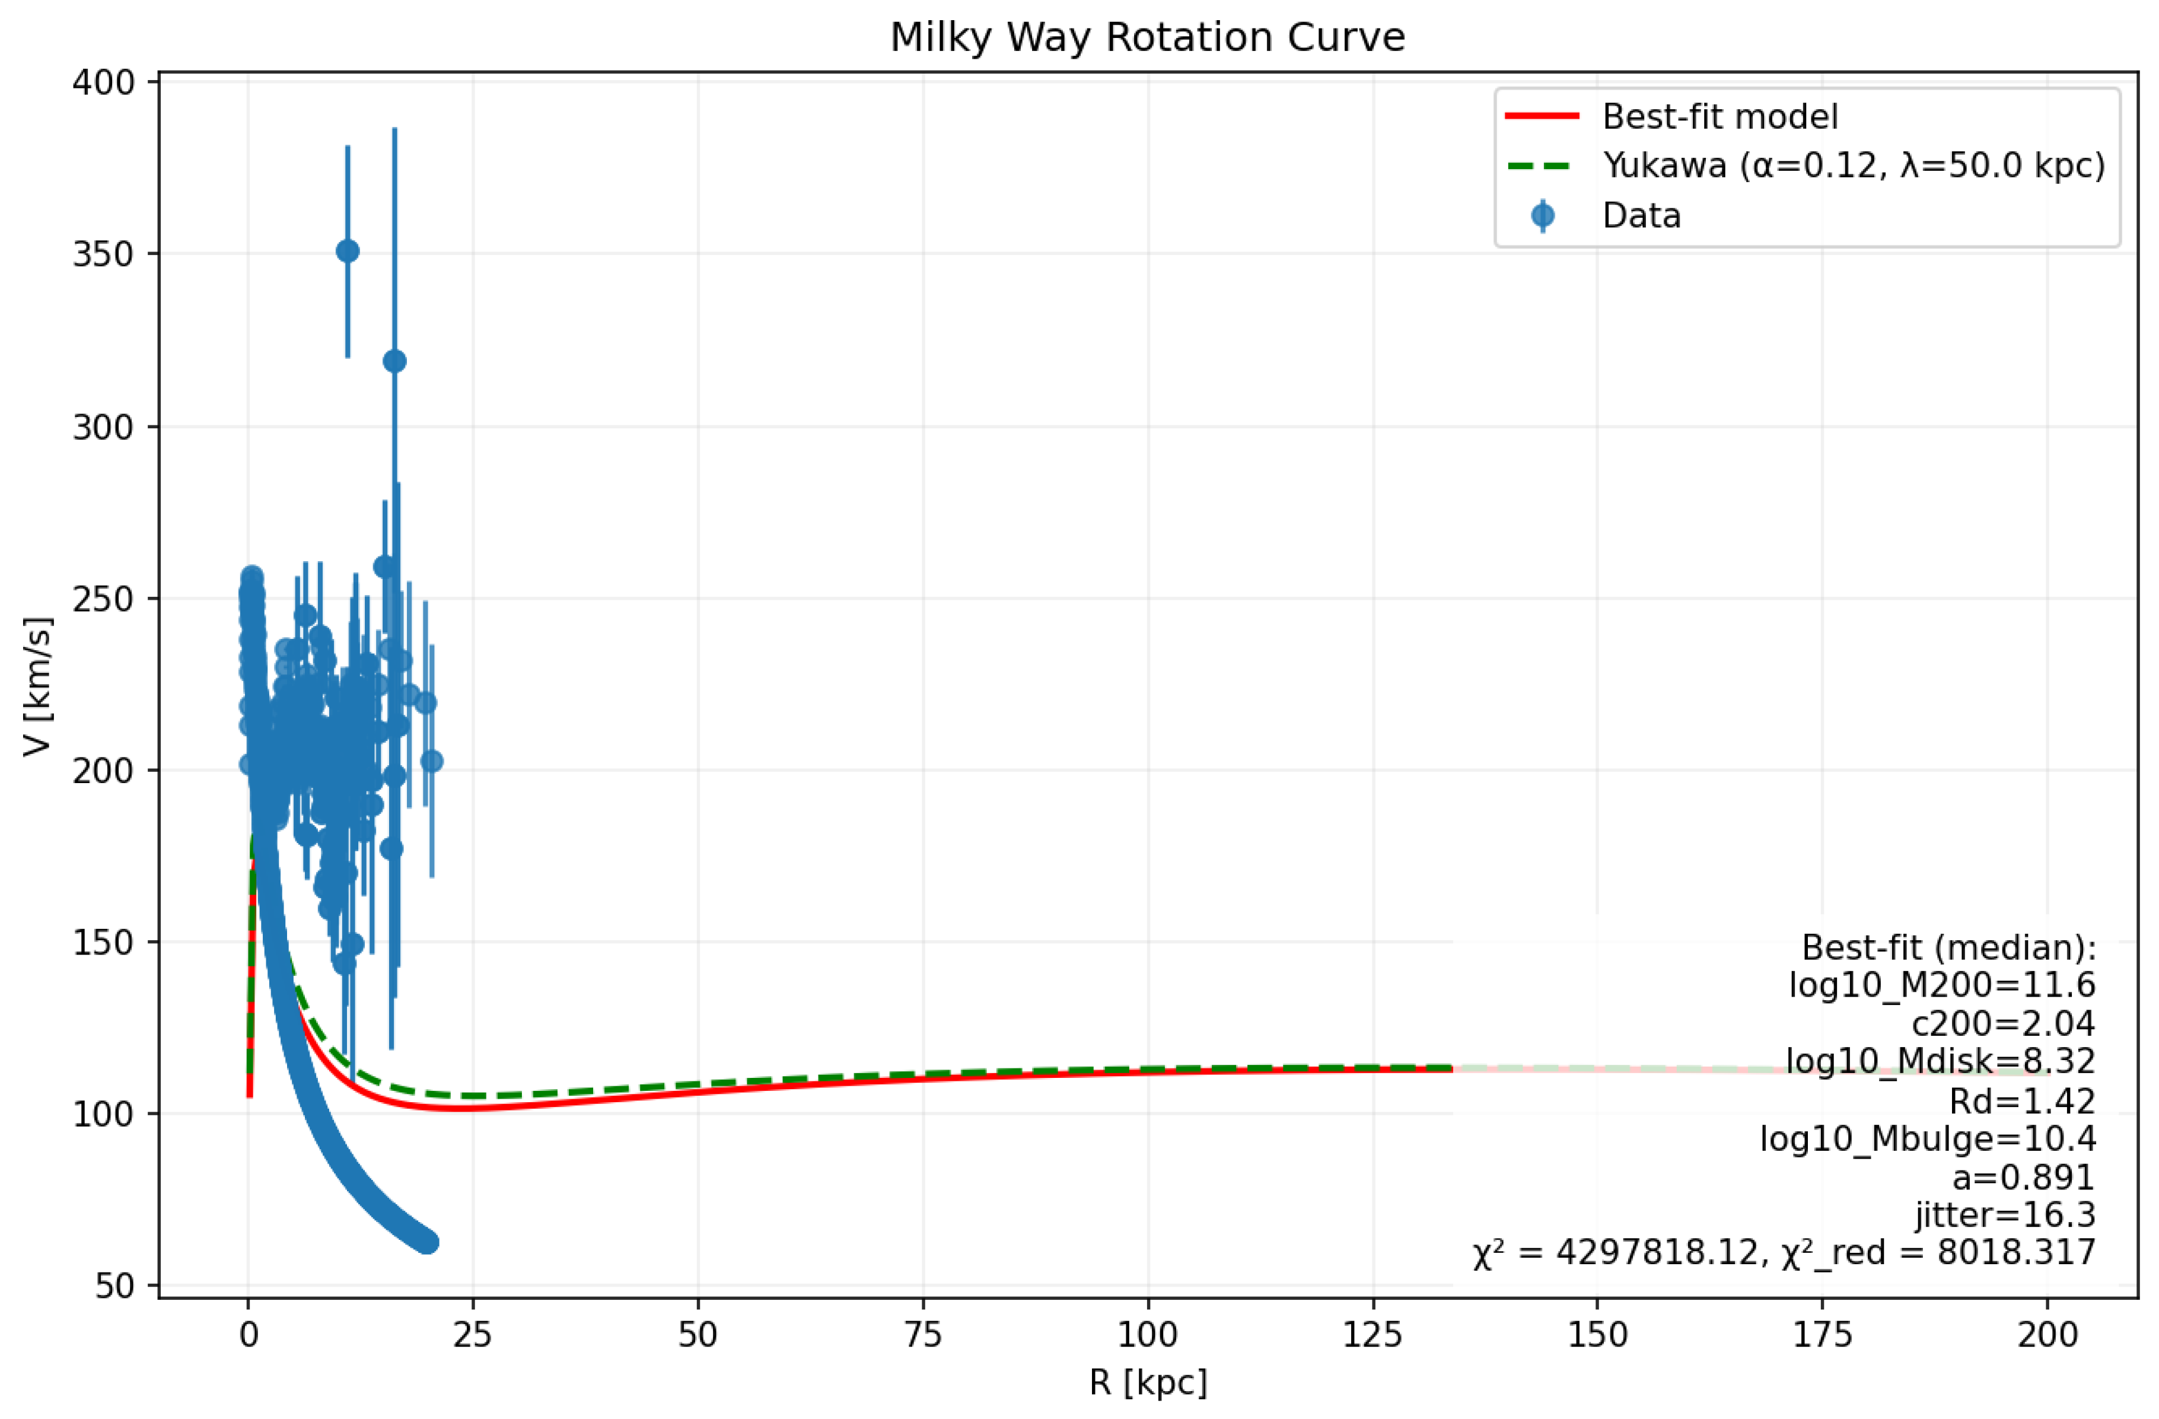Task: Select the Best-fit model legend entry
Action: click(x=1719, y=117)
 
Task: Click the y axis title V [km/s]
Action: click(x=38, y=687)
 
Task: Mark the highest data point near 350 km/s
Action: click(x=348, y=252)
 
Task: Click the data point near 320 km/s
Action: click(x=394, y=361)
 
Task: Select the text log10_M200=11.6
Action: click(x=1941, y=985)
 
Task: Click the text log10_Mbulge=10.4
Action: click(x=1926, y=1138)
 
